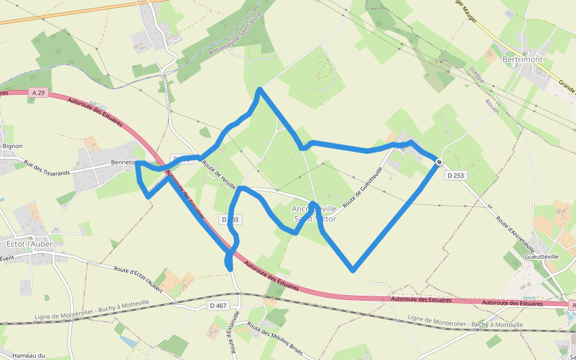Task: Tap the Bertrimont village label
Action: [x=522, y=60]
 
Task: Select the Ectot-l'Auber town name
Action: [x=29, y=244]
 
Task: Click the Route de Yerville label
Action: [x=218, y=175]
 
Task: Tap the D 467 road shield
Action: [x=218, y=305]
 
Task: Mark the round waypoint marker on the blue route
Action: [x=439, y=161]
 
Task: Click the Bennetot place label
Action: [x=123, y=163]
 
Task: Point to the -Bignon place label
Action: [x=12, y=146]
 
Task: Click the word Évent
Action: [x=7, y=259]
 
